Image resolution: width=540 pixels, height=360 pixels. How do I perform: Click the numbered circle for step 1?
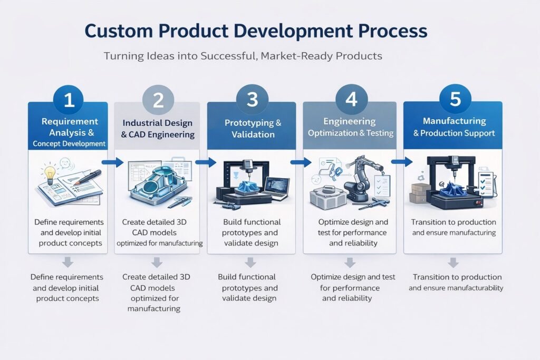(x=69, y=99)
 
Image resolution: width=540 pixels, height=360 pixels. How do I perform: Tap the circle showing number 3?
(x=252, y=99)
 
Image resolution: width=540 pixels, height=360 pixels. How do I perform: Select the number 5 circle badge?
(x=455, y=99)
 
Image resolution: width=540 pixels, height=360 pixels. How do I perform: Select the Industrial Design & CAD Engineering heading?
(x=157, y=129)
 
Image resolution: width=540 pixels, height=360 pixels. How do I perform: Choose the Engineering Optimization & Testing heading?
(x=350, y=127)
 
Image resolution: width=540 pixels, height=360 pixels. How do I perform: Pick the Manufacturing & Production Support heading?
(x=454, y=127)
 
